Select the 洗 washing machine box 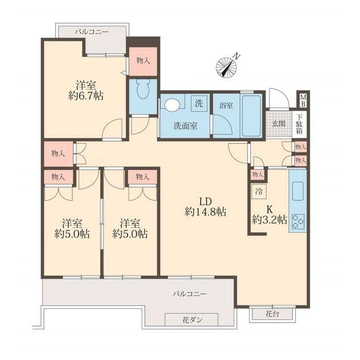coord(199,103)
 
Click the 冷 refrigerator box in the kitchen coord(259,191)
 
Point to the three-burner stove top coord(298,222)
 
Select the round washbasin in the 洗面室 coord(172,105)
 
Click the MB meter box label coord(303,101)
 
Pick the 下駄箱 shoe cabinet coord(299,124)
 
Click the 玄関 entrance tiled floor coord(279,124)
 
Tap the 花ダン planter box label coord(191,319)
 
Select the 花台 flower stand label coord(272,314)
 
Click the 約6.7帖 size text coord(85,96)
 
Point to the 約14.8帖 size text coord(205,212)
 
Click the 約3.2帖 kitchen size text coord(269,220)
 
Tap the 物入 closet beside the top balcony coord(143,61)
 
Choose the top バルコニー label coord(91,32)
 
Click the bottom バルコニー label coord(190,294)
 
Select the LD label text coord(205,201)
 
